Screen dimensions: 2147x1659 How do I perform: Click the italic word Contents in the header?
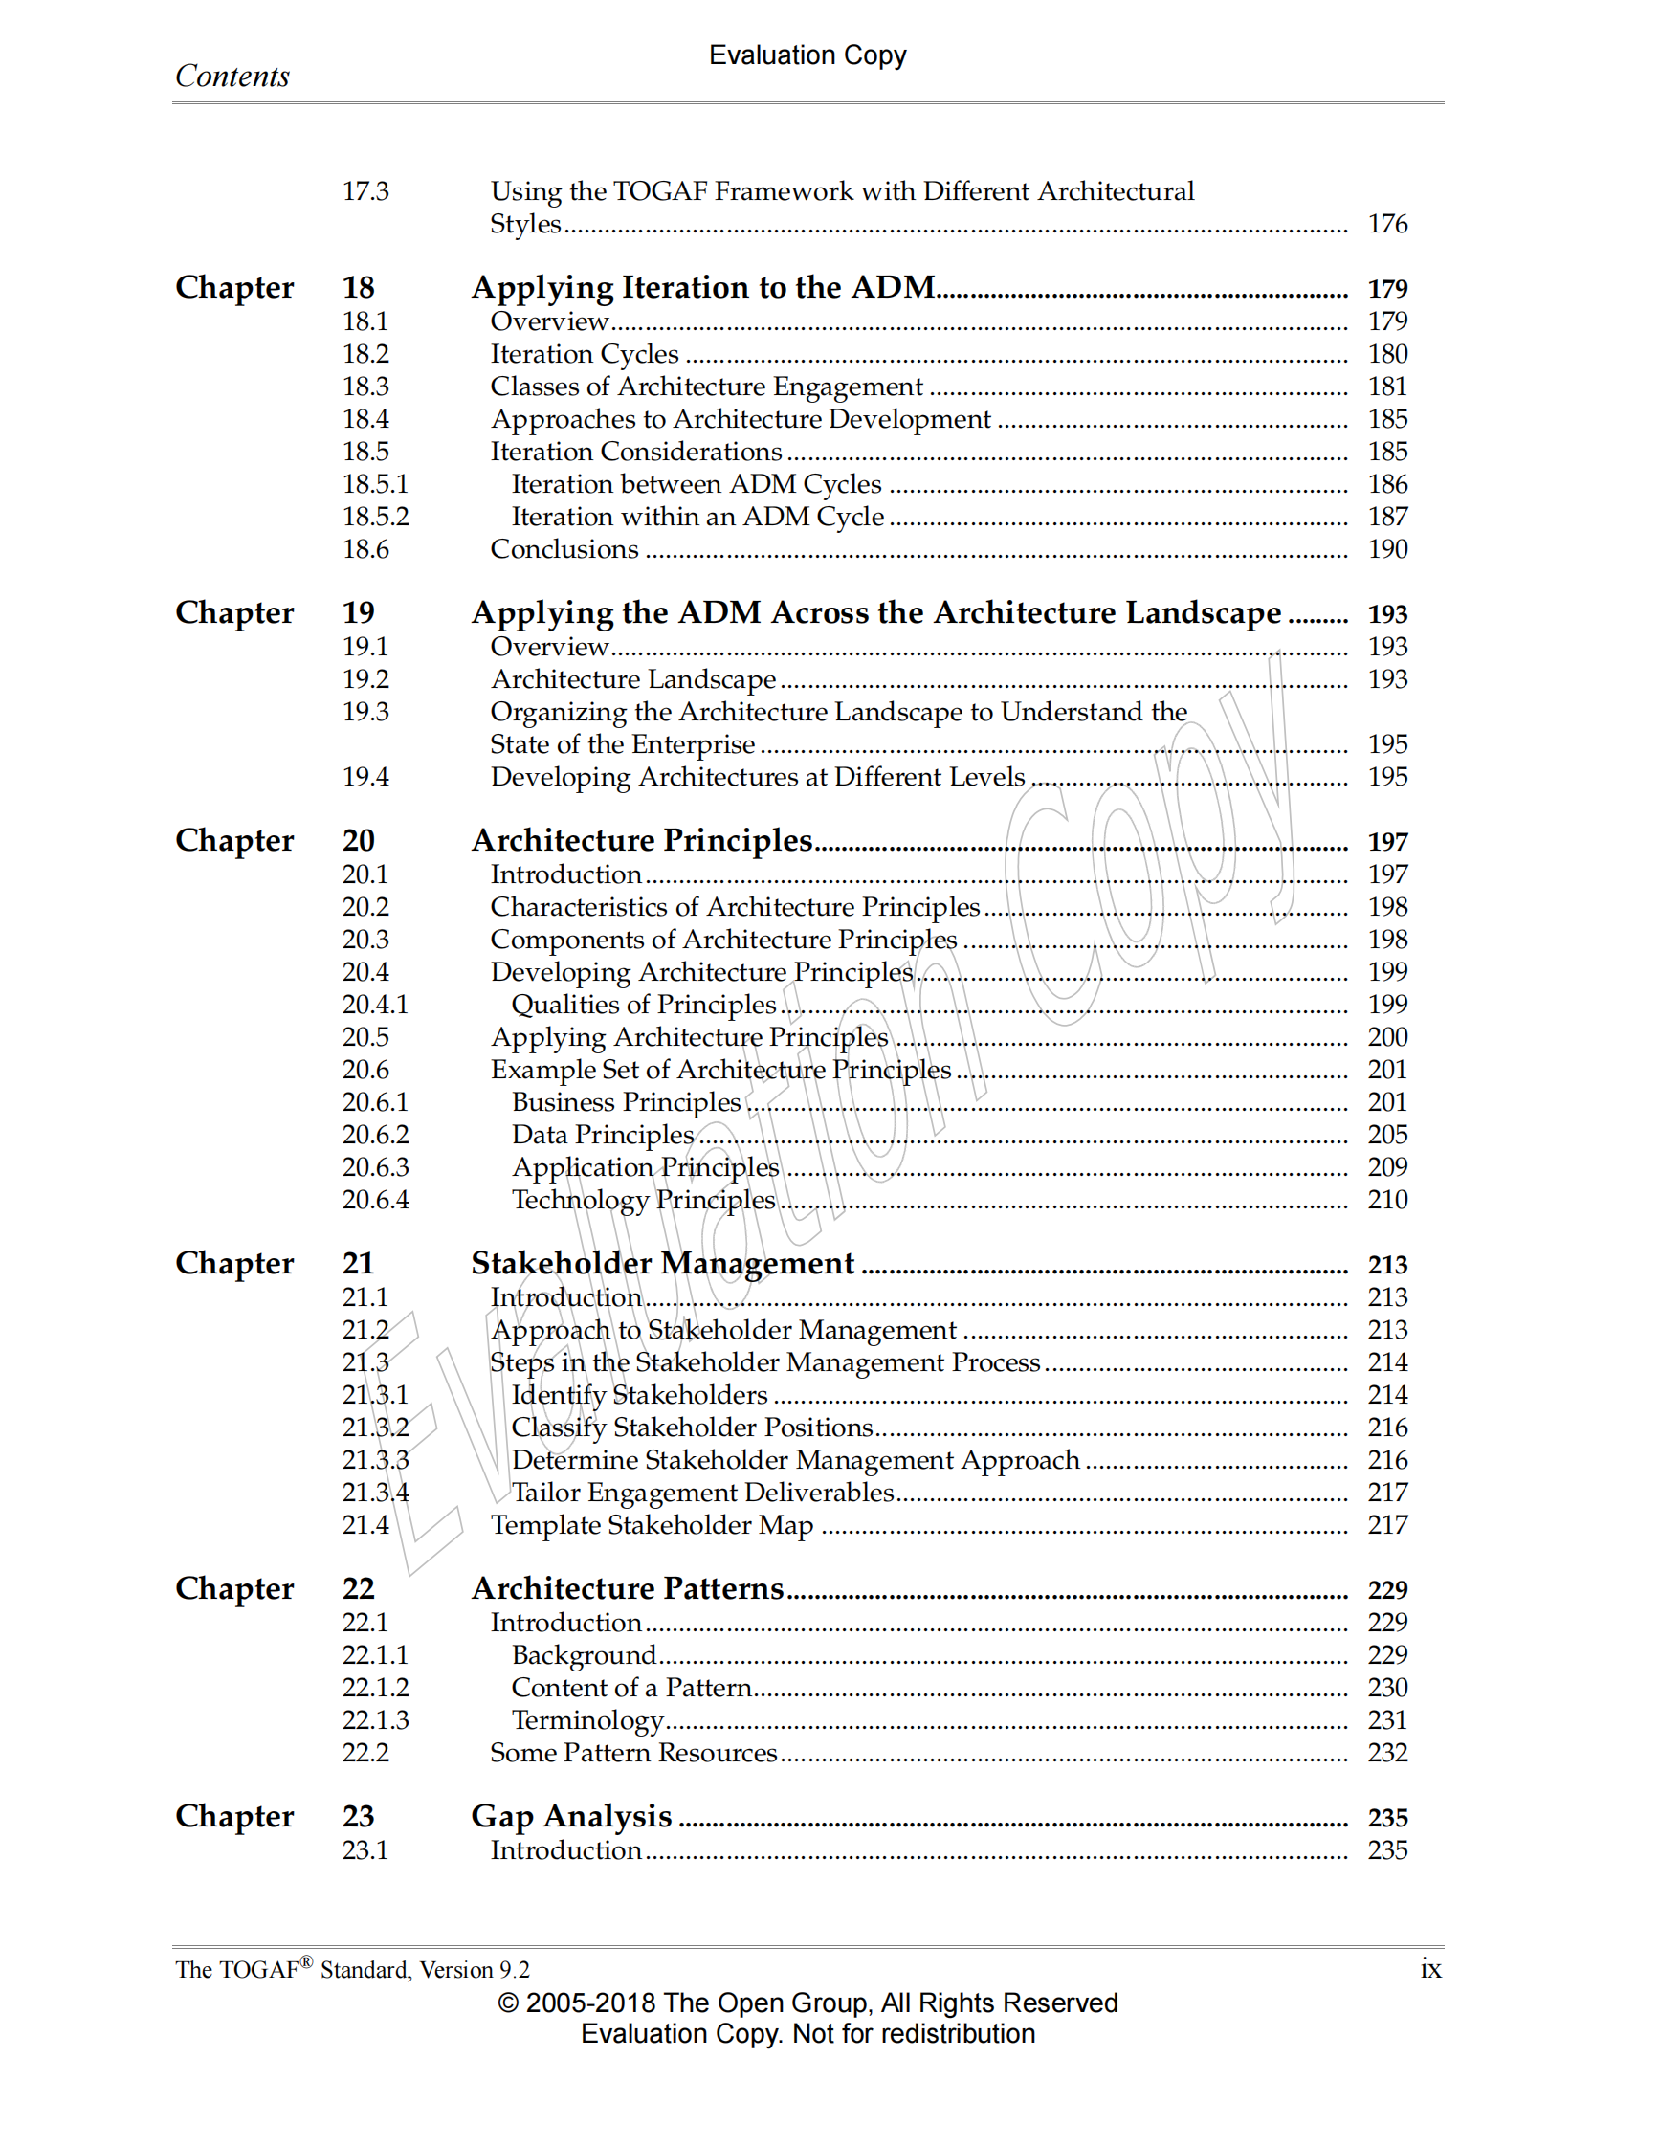click(x=232, y=77)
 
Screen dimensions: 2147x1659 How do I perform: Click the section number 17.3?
click(x=365, y=190)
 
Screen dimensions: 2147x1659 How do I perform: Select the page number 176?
click(x=1386, y=224)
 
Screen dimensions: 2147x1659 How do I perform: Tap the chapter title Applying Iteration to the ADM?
click(x=702, y=287)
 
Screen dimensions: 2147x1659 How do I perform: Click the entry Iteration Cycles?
click(x=584, y=354)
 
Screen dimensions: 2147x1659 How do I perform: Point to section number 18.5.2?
click(x=374, y=516)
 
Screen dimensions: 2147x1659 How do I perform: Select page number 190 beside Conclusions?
click(x=1386, y=548)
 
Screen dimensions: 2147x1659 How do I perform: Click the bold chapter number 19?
click(x=358, y=612)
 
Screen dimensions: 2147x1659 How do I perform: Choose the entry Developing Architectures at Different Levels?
click(x=757, y=777)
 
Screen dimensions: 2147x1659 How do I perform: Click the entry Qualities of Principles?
click(x=643, y=1004)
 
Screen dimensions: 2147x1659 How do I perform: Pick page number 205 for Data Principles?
click(x=1386, y=1135)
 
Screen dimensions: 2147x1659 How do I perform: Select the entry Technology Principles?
click(x=643, y=1200)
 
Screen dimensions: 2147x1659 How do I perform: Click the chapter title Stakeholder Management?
click(x=662, y=1263)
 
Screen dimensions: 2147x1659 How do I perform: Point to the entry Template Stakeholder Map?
click(x=652, y=1525)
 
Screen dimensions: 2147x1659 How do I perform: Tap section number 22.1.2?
click(x=374, y=1687)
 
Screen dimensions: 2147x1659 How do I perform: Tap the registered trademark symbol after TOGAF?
click(x=307, y=1962)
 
